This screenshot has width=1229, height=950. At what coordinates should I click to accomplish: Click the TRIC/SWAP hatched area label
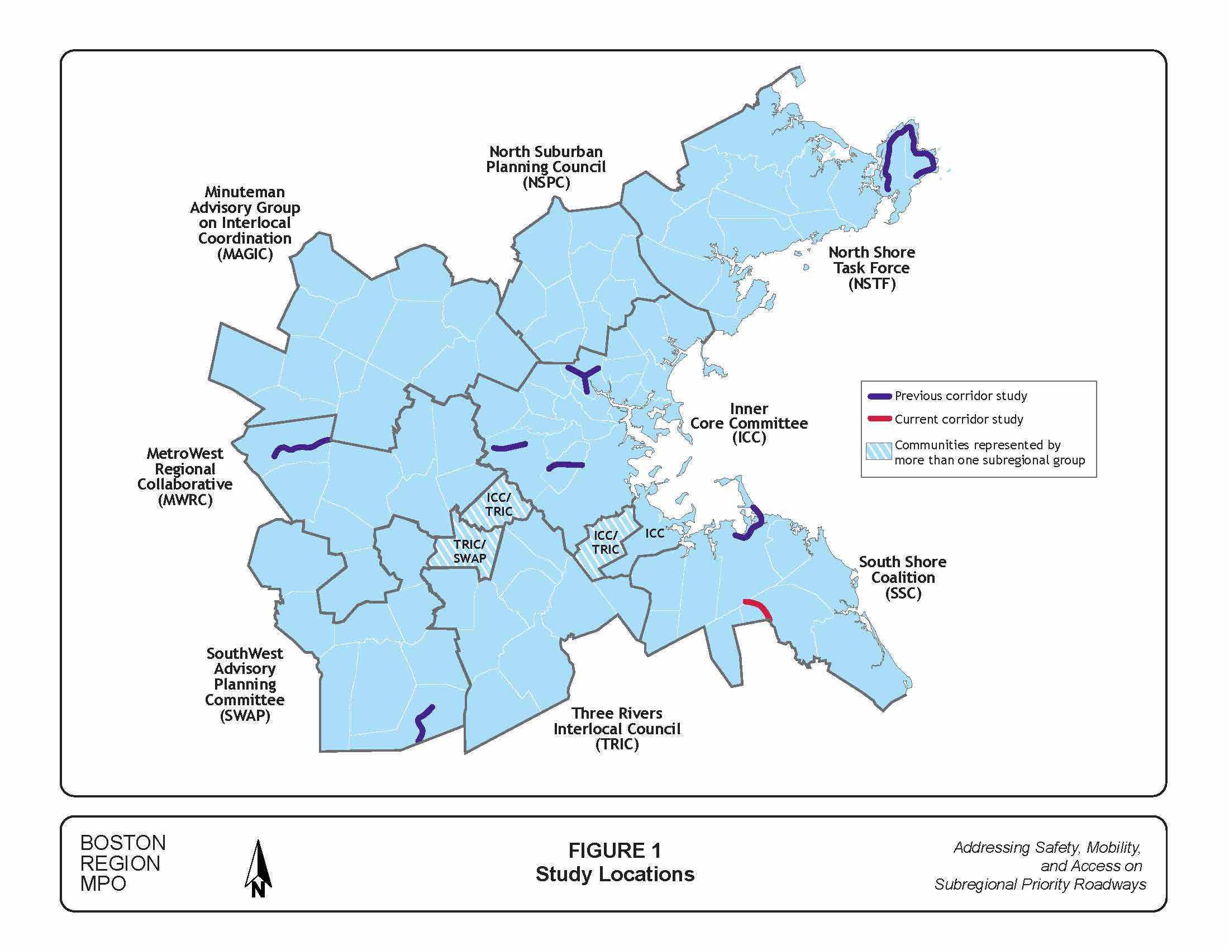click(469, 551)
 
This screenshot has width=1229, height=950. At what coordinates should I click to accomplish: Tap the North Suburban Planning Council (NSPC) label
click(545, 167)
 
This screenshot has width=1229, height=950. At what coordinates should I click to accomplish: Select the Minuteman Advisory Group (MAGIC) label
click(245, 223)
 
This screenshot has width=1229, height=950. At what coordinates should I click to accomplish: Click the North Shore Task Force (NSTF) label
click(871, 268)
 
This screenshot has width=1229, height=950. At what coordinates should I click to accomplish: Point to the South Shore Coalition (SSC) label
click(902, 577)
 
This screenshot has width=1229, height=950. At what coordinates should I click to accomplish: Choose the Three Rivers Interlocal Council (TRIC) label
click(617, 728)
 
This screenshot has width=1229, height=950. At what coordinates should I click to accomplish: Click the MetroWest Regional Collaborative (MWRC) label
click(185, 476)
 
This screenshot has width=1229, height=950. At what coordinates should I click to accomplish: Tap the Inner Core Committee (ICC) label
click(749, 423)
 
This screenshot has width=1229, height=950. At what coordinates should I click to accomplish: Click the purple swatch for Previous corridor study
click(879, 396)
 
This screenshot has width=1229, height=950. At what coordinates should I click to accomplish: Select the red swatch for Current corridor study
click(879, 419)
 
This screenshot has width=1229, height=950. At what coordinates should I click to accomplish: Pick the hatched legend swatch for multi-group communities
click(878, 452)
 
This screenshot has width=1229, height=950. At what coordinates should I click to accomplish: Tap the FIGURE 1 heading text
click(614, 851)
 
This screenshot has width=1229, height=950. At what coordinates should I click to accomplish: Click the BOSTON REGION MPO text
click(123, 863)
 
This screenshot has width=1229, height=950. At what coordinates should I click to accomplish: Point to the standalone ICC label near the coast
click(655, 533)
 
